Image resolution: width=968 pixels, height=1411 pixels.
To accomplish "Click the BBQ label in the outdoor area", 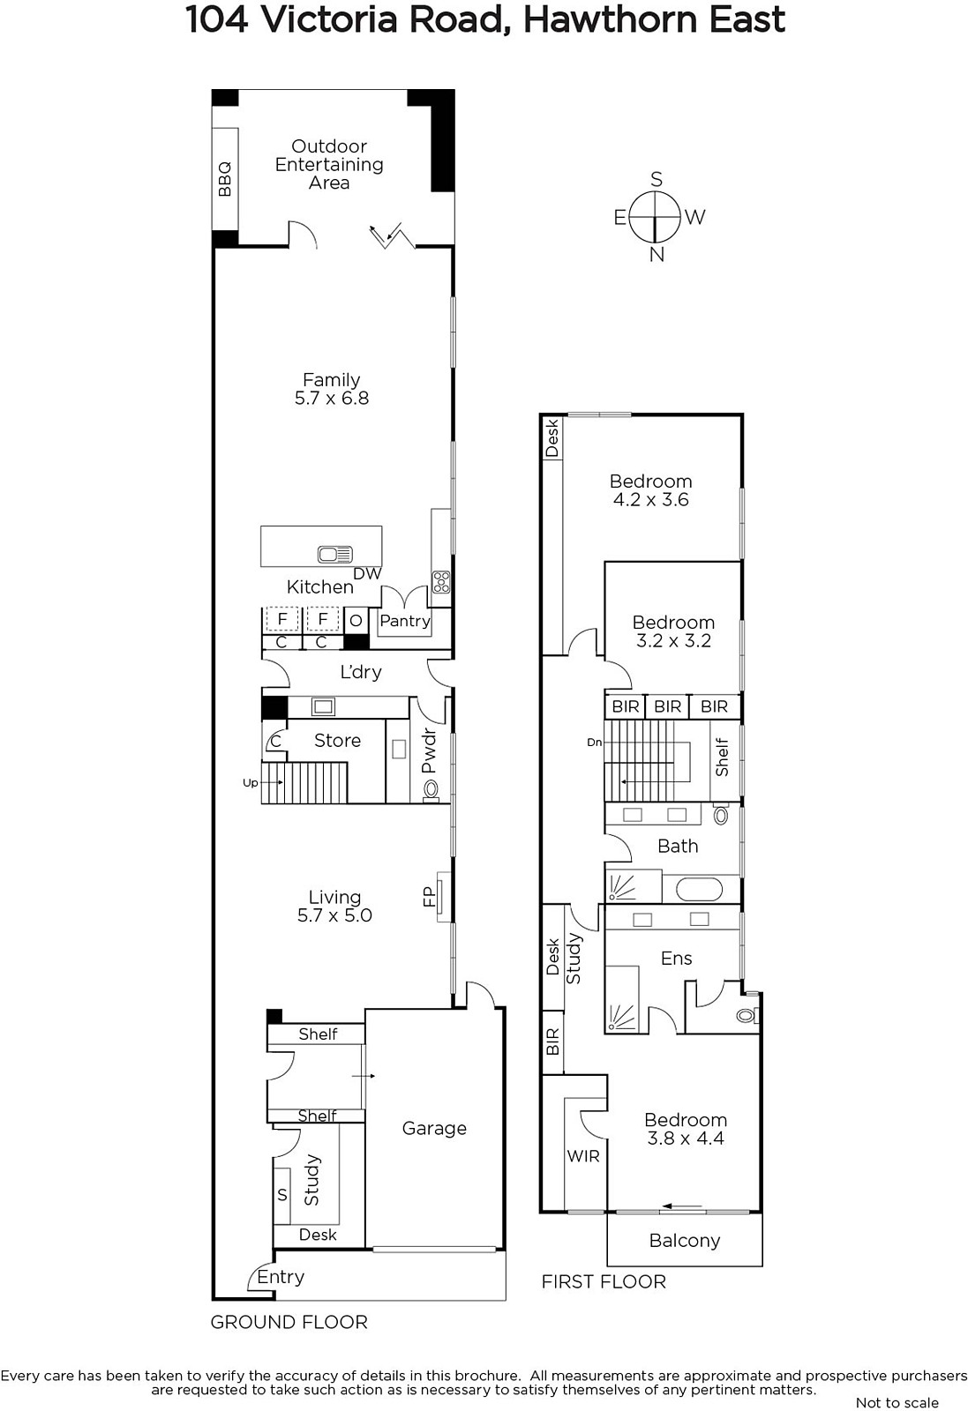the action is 224,179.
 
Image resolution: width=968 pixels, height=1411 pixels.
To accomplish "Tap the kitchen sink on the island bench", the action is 335,555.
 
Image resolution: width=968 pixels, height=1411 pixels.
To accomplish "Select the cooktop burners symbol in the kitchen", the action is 441,581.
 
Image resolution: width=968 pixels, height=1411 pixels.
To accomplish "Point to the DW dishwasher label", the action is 367,574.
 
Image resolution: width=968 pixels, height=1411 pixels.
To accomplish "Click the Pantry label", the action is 405,621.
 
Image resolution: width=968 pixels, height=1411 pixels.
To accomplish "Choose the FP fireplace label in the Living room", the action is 429,896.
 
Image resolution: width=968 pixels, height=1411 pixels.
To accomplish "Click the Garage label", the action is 434,1128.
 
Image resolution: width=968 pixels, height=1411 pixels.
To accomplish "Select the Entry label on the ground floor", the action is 281,1277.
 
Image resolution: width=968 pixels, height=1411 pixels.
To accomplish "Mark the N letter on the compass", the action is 657,255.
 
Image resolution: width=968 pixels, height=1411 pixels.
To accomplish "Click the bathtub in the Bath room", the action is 700,890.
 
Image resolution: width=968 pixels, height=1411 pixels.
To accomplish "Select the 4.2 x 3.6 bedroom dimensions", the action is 651,499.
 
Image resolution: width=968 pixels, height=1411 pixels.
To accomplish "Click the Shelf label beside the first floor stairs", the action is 722,758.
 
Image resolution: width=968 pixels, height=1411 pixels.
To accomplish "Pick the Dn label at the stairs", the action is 594,743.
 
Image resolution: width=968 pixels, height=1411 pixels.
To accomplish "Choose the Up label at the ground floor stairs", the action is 251,783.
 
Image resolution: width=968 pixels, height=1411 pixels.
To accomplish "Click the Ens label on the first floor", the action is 676,958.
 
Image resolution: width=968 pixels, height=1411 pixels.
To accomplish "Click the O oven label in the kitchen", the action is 356,621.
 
